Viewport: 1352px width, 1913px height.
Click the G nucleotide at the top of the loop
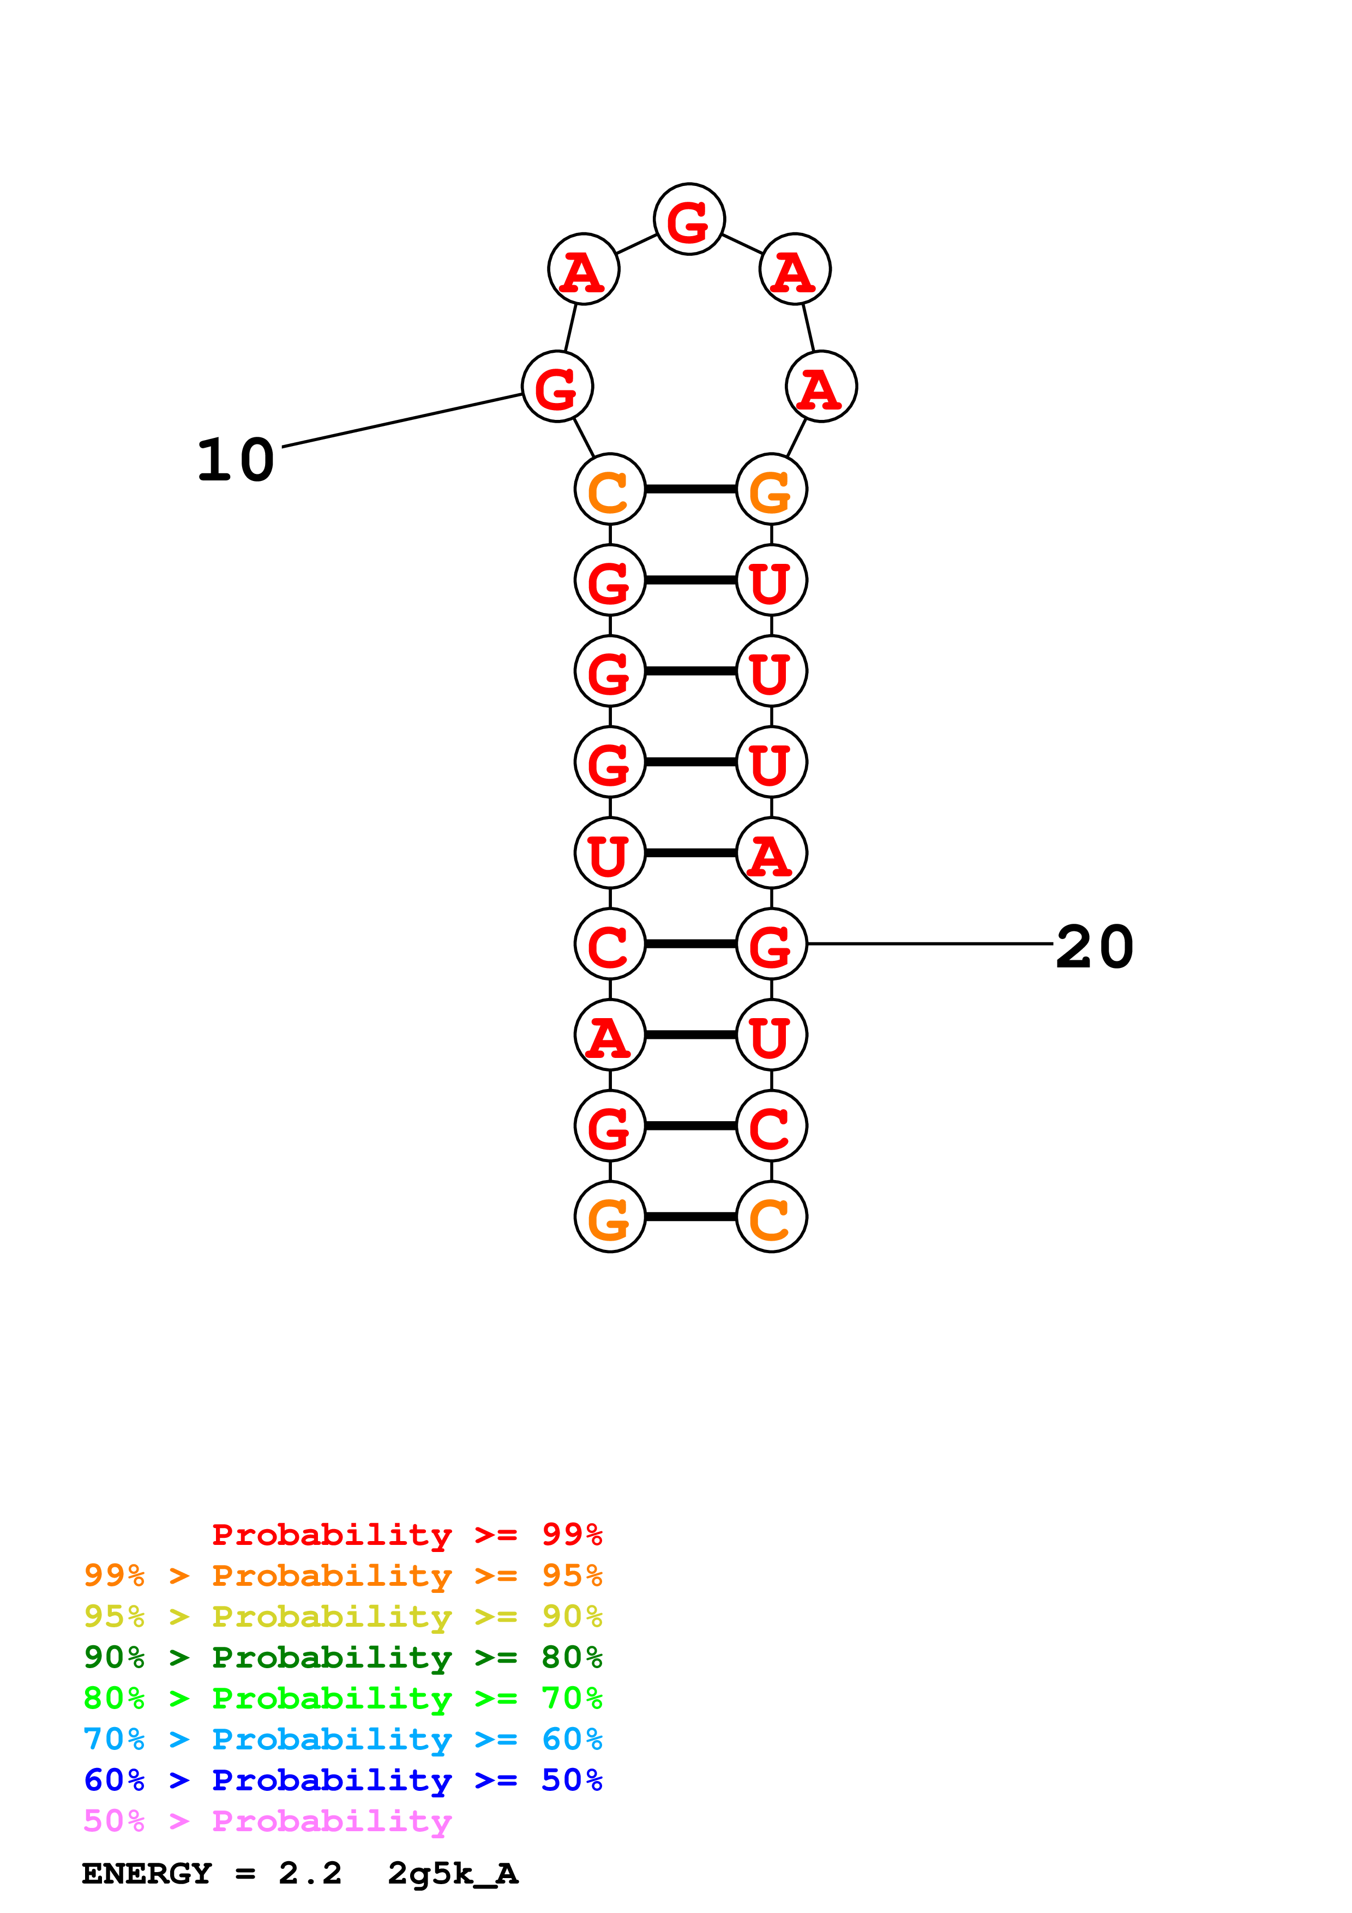click(689, 220)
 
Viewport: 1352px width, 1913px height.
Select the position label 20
click(1094, 947)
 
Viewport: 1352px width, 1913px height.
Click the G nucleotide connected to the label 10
click(557, 387)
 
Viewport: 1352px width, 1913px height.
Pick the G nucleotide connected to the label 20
click(771, 944)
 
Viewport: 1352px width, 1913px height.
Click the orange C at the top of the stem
click(610, 489)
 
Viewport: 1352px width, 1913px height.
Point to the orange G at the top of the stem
click(771, 489)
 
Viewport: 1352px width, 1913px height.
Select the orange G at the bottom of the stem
click(610, 1217)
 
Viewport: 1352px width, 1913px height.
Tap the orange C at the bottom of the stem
click(771, 1217)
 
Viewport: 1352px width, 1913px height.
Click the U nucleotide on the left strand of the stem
click(610, 853)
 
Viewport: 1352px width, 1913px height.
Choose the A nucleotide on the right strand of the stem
click(771, 853)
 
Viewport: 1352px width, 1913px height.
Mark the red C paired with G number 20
click(610, 944)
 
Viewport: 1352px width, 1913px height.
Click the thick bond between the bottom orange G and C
click(690, 1217)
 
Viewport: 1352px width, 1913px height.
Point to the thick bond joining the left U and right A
click(690, 853)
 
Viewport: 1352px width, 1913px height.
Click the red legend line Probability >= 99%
click(406, 1534)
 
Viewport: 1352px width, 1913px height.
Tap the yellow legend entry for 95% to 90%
click(342, 1616)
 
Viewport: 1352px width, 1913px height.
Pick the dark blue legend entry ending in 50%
click(342, 1780)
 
